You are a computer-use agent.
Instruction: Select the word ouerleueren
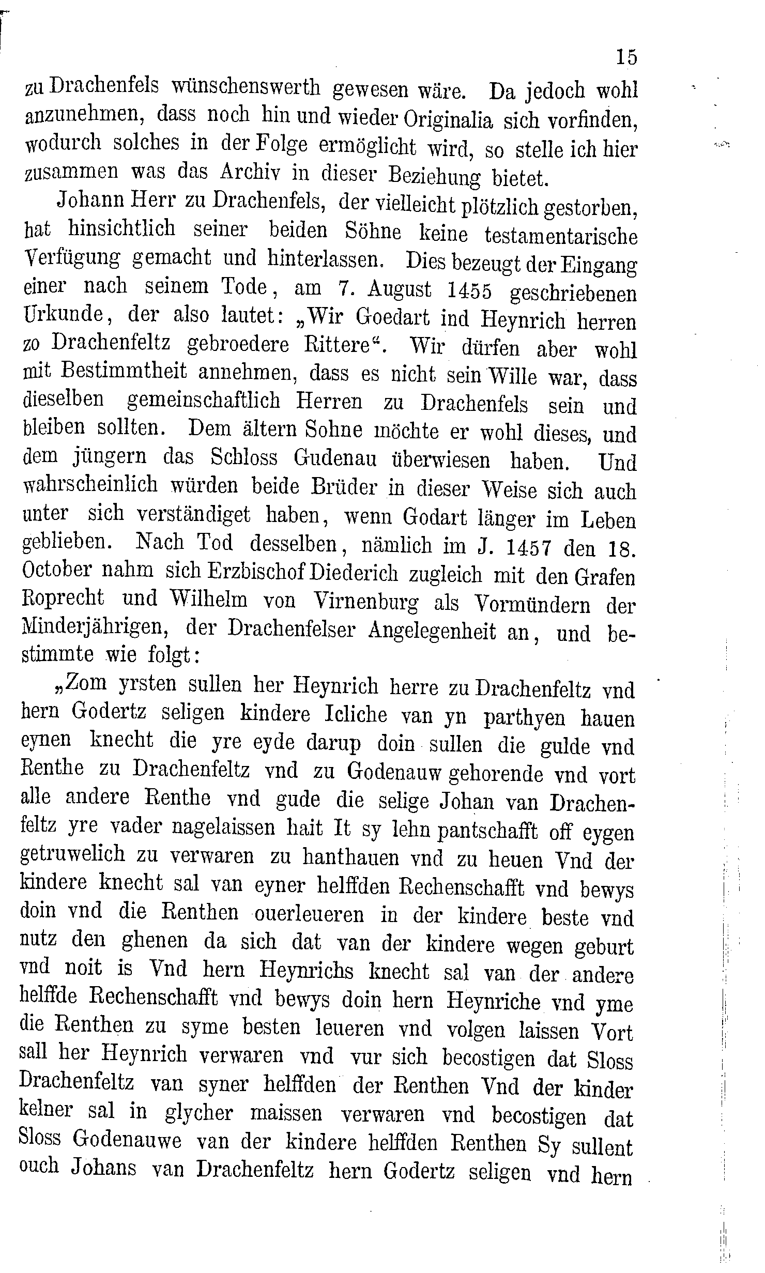pos(308,914)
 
